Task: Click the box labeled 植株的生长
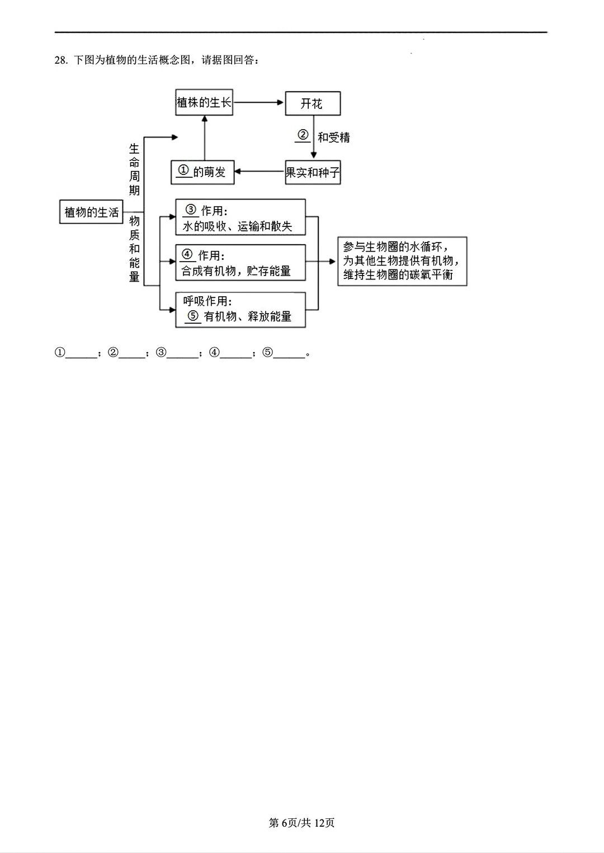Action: (204, 103)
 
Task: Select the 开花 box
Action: (312, 103)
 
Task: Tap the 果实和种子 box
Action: (313, 173)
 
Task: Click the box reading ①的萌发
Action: (202, 172)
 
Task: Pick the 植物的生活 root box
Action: (91, 212)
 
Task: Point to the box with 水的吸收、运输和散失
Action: (240, 217)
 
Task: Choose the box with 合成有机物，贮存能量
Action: (240, 263)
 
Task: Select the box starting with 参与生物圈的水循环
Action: (402, 261)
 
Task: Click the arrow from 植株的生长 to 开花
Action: (258, 102)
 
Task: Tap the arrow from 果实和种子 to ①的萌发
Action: (259, 172)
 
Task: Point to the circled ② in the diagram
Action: (303, 135)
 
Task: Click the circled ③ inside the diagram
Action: (191, 210)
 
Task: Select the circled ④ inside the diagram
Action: (187, 255)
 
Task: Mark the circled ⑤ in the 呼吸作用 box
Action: (193, 316)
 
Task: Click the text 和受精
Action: (334, 138)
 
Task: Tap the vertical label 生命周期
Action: (134, 169)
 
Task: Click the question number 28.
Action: (61, 60)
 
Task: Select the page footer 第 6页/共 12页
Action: (301, 822)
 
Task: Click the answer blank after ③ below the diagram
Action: (183, 354)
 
